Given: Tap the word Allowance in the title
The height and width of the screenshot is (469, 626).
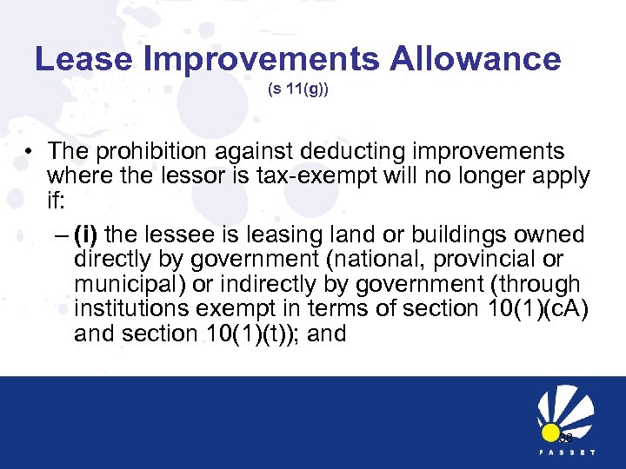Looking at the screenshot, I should (x=476, y=59).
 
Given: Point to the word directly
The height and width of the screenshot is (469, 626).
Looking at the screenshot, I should (x=116, y=260).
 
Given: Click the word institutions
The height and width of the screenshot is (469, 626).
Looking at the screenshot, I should (x=130, y=308).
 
